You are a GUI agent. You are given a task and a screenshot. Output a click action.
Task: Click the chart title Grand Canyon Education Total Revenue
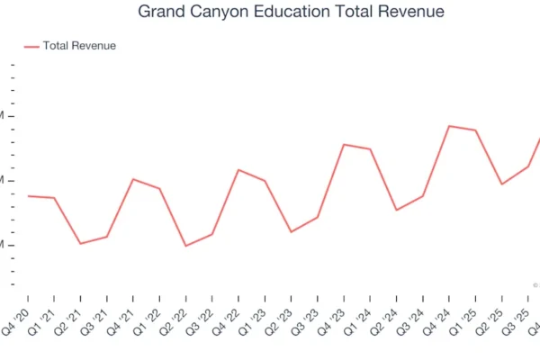click(x=291, y=13)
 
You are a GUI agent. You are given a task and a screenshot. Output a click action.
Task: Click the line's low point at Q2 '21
click(x=80, y=243)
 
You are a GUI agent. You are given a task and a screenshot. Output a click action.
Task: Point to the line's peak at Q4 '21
click(x=133, y=179)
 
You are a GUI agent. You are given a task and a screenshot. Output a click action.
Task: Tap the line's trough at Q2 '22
click(x=185, y=246)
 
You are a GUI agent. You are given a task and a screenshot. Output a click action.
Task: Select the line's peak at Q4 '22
click(x=238, y=169)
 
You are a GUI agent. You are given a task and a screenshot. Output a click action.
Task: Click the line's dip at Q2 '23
click(x=291, y=232)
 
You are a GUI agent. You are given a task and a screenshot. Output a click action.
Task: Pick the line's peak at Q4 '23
click(x=344, y=144)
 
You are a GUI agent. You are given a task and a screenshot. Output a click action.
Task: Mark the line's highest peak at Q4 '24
click(x=449, y=126)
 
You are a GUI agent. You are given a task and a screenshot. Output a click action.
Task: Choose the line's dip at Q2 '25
click(x=501, y=184)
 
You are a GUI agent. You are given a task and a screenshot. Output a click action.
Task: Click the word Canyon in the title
click(x=229, y=13)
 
